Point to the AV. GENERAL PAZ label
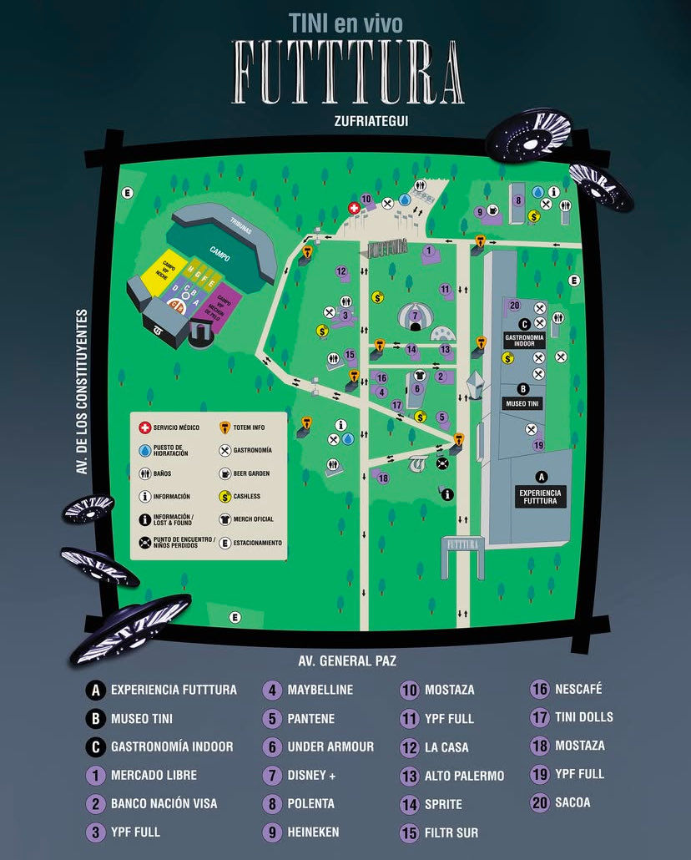(347, 660)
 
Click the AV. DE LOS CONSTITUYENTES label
(82, 392)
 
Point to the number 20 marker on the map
(514, 306)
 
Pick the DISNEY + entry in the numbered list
(301, 776)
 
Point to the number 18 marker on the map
(383, 478)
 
